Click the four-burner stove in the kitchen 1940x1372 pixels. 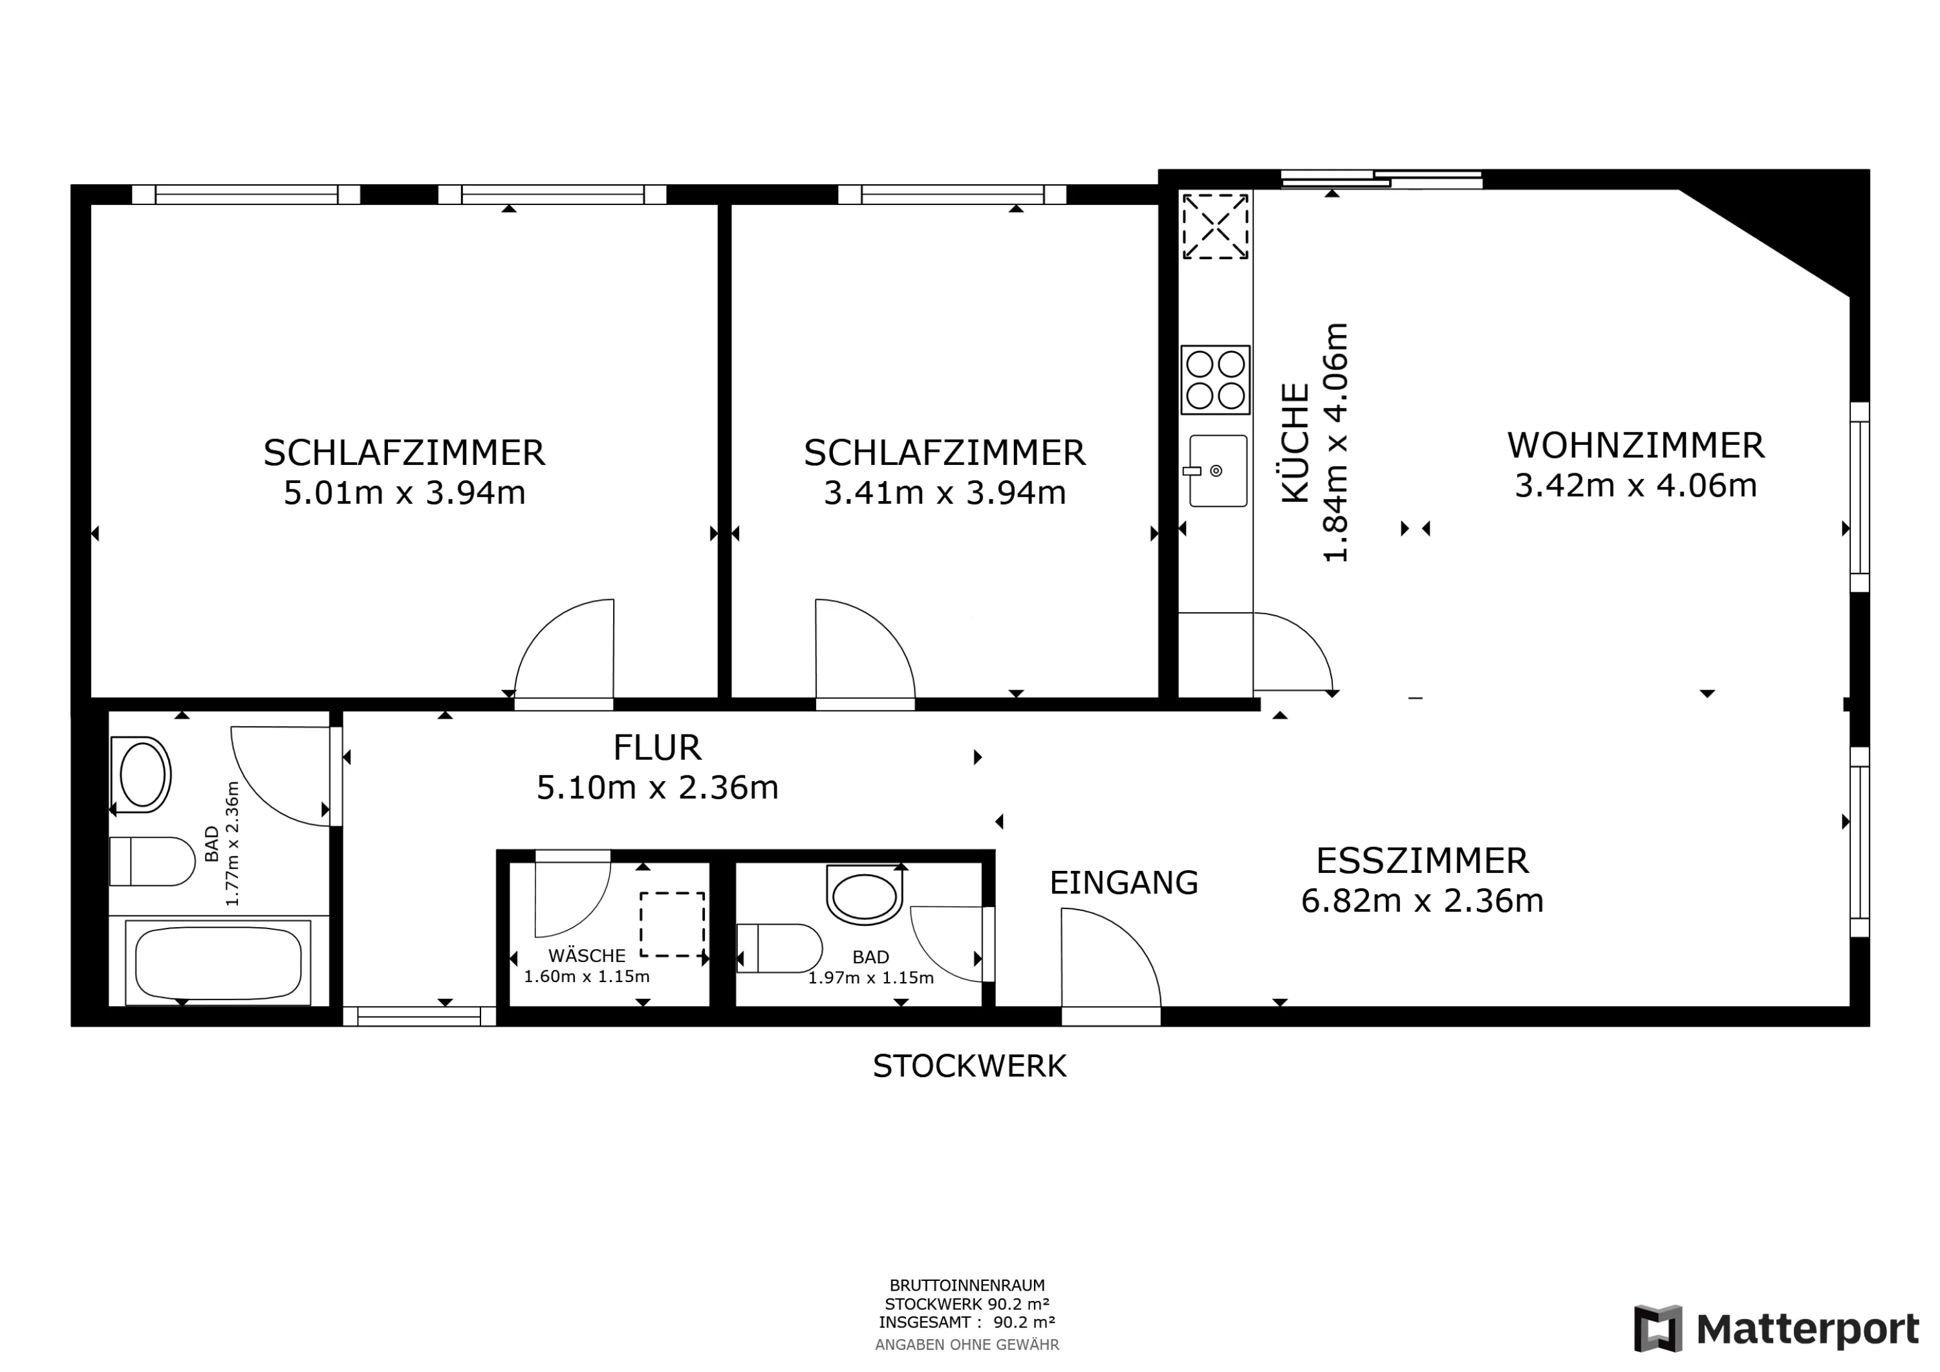1215,380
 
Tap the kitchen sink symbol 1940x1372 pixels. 1218,471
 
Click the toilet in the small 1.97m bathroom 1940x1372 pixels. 779,948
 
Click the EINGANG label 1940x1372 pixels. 1124,883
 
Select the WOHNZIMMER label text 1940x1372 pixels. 1636,445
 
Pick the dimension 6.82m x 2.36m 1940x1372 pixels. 1422,901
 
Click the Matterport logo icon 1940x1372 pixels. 1658,1329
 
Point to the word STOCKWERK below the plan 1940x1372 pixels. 969,1066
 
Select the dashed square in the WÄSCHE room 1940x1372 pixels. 672,924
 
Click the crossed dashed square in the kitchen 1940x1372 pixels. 1215,226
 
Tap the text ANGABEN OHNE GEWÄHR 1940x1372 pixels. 967,1344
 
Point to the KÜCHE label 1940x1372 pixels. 1295,444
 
